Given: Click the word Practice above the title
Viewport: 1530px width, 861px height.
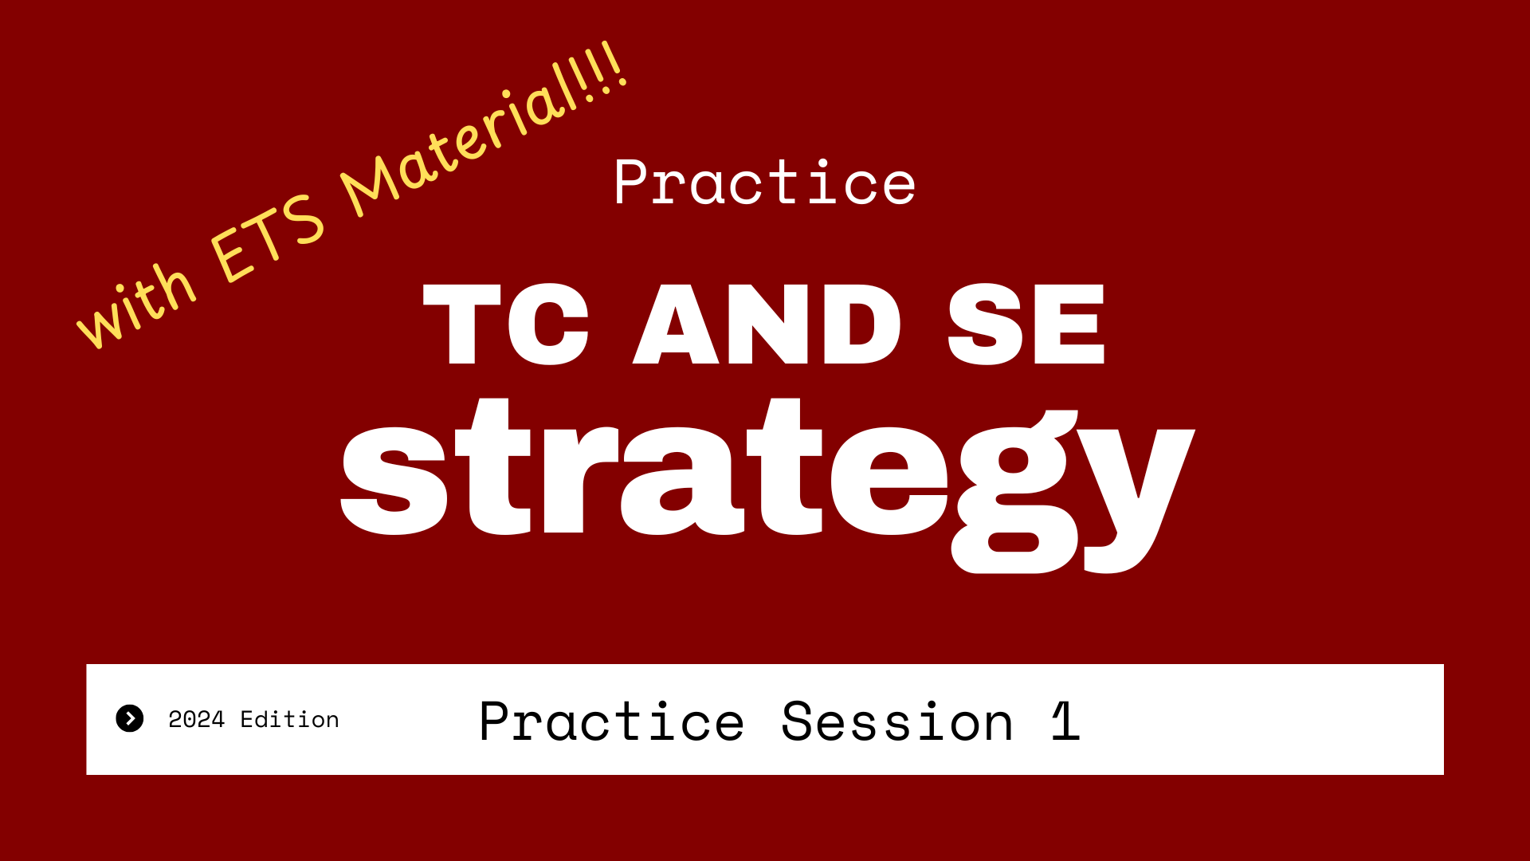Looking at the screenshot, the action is coord(765,183).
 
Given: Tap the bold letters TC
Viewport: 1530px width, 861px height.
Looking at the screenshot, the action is coord(505,324).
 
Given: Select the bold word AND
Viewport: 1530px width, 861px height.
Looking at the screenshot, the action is coord(767,324).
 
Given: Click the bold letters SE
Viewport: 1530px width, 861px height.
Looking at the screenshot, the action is coord(1026,324).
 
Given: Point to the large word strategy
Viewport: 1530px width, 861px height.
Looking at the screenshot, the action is coord(767,485).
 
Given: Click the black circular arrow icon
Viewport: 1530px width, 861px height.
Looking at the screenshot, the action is coord(130,718).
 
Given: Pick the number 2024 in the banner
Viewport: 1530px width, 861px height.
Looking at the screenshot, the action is coord(197,719).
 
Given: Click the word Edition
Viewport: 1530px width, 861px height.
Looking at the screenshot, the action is coord(290,719).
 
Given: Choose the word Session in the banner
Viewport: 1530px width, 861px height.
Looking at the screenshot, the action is coord(897,721).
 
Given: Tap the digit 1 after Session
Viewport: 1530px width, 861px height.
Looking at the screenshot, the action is coord(1065,721).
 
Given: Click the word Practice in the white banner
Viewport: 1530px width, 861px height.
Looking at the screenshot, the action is coord(612,721).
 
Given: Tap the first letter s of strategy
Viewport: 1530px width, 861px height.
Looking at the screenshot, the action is coord(394,482).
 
